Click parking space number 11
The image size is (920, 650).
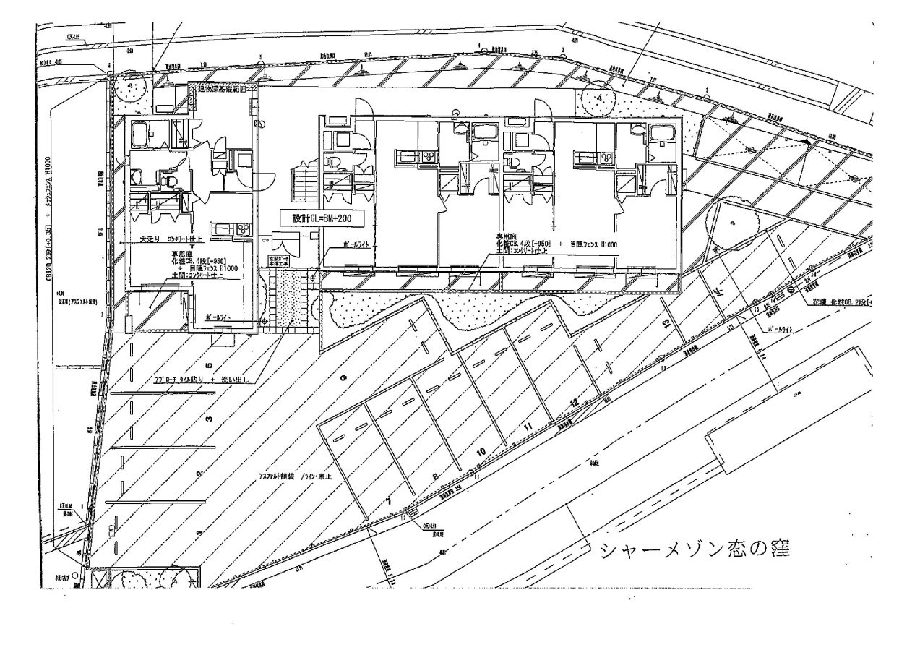pos(528,427)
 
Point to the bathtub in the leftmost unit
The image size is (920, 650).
pos(140,132)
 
